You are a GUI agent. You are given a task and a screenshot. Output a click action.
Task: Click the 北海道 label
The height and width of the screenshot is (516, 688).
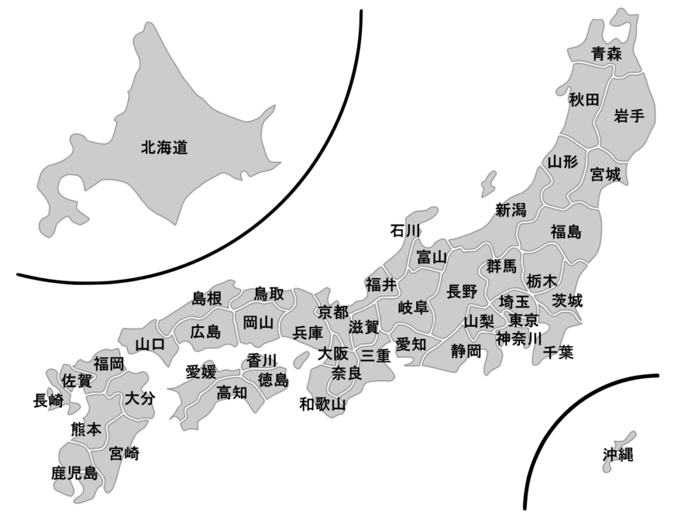click(x=164, y=147)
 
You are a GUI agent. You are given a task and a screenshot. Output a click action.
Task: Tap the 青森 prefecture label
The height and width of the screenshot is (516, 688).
click(x=606, y=54)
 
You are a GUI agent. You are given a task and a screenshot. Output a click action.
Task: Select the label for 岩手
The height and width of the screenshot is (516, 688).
click(x=629, y=116)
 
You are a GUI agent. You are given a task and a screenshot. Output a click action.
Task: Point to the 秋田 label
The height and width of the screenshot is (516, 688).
click(x=584, y=100)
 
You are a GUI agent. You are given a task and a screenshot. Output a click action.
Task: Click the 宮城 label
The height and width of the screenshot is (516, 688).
click(x=605, y=175)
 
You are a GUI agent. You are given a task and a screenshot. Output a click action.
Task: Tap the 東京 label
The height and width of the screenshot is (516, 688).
click(x=524, y=321)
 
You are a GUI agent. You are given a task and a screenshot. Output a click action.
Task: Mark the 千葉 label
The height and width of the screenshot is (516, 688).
click(x=558, y=352)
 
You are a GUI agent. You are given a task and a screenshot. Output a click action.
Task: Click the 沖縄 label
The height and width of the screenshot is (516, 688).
click(x=618, y=454)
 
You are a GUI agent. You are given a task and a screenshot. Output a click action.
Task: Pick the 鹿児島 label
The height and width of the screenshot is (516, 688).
click(x=74, y=473)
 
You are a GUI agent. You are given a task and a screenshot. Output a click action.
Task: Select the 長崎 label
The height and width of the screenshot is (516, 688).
click(x=48, y=400)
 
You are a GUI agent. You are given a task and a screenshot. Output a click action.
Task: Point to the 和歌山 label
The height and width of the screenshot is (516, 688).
click(x=321, y=404)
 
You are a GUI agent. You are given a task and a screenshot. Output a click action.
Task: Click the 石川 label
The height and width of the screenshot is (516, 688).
click(x=405, y=230)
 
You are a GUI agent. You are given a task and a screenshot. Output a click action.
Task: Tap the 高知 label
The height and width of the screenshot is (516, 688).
click(x=232, y=393)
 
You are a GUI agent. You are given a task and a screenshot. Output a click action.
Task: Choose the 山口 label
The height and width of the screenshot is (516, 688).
click(x=149, y=344)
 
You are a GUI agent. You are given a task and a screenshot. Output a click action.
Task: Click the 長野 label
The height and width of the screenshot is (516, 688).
click(x=461, y=291)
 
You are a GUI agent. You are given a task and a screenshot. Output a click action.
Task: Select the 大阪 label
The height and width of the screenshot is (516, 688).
click(x=332, y=354)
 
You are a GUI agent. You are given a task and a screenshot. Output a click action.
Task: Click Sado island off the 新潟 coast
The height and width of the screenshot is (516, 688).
click(x=488, y=183)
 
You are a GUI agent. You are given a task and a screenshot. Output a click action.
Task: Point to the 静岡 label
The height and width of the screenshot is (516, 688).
click(x=466, y=352)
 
